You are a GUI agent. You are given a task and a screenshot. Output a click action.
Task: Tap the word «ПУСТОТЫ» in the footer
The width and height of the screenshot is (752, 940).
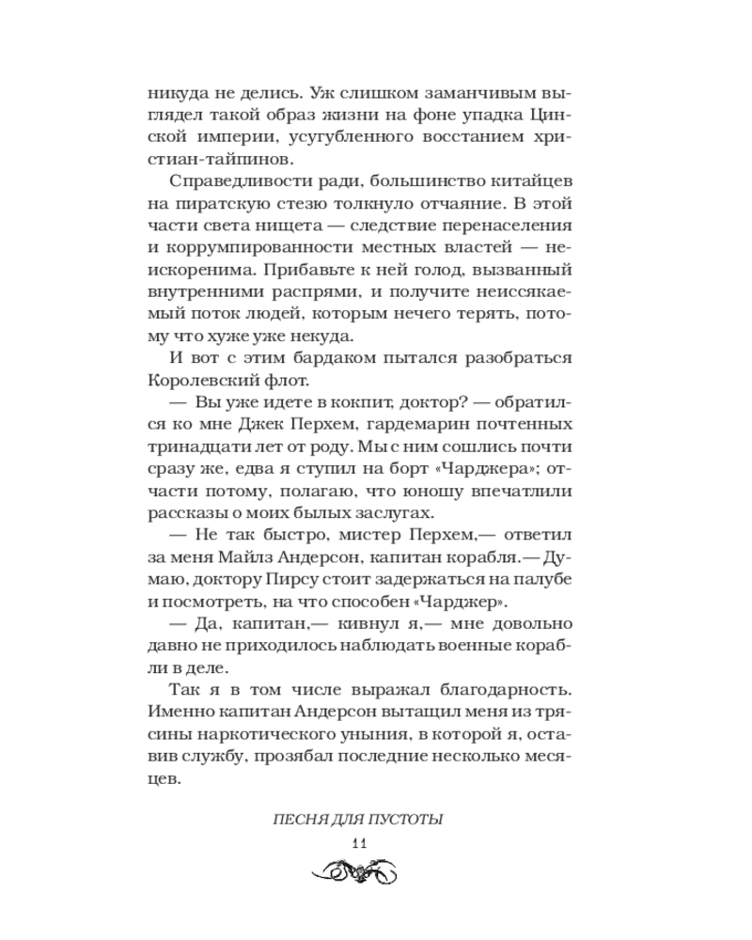[x=407, y=821]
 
